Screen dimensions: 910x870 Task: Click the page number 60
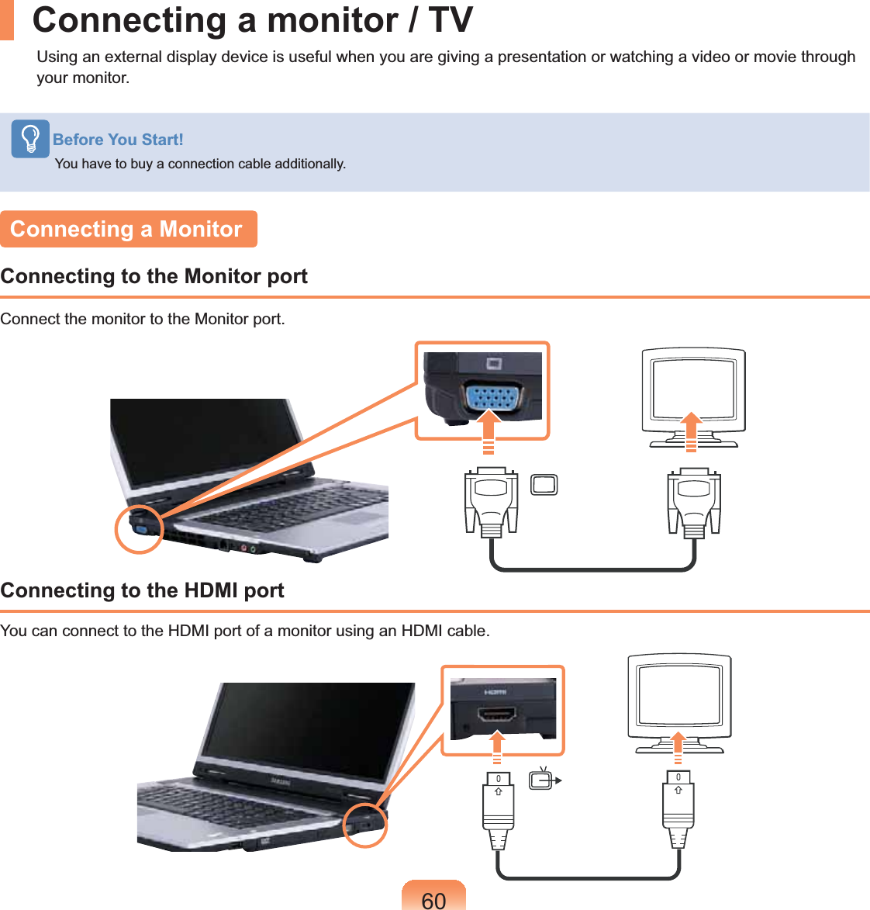[x=433, y=899]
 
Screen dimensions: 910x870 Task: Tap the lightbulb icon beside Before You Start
[x=30, y=139]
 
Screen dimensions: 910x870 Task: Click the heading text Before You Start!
[x=118, y=140]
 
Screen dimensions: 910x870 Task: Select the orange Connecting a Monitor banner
[x=128, y=229]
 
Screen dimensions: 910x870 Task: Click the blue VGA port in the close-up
[x=492, y=398]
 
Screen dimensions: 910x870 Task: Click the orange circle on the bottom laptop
[x=364, y=825]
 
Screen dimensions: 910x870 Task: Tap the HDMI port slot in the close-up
[x=497, y=714]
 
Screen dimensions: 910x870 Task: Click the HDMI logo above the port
[x=495, y=691]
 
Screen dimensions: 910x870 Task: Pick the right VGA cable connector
[x=694, y=500]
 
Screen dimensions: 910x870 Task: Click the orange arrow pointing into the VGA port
[x=488, y=431]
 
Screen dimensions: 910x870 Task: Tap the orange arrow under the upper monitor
[x=692, y=431]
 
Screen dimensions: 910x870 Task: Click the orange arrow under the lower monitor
[x=678, y=746]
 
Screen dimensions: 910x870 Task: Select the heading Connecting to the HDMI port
[x=143, y=590]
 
